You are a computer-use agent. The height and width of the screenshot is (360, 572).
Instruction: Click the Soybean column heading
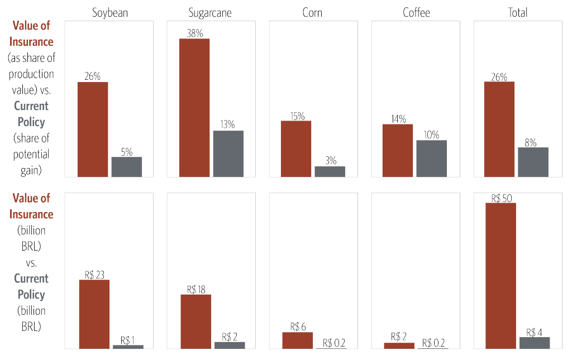[110, 13]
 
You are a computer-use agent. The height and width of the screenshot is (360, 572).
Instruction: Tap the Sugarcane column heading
[212, 13]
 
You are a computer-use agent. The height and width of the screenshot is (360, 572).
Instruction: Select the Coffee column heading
[417, 13]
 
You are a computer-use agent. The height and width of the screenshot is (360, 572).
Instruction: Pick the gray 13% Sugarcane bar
[228, 153]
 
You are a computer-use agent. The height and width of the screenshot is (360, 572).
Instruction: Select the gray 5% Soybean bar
[127, 166]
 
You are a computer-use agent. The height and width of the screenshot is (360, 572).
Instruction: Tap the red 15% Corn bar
[296, 148]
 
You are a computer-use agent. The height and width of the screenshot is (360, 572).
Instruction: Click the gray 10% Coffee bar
[431, 158]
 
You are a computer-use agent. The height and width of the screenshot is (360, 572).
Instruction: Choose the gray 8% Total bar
[533, 162]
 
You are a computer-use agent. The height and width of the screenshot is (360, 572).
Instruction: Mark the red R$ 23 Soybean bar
[94, 314]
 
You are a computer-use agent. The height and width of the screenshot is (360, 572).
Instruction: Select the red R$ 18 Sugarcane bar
[196, 321]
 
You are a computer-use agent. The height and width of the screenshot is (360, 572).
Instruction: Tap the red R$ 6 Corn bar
[298, 340]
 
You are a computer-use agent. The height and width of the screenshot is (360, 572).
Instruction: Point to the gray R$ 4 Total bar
[535, 342]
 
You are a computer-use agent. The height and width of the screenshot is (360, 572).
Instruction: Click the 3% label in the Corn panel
[331, 161]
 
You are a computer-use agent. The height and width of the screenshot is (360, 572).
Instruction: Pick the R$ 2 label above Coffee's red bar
[399, 337]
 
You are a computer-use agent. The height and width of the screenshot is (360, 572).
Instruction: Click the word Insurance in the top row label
[31, 42]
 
